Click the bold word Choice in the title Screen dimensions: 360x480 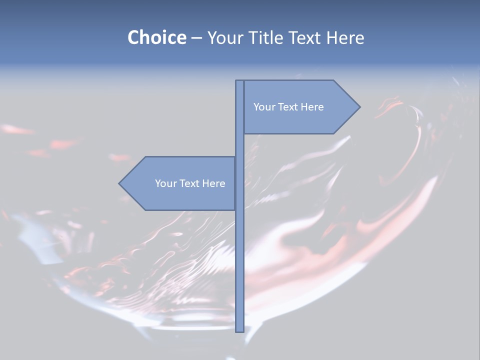(156, 37)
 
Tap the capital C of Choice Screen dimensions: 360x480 (134, 37)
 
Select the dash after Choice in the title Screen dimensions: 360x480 (196, 38)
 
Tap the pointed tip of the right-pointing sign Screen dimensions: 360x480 (358, 107)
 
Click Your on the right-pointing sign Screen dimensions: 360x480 (264, 107)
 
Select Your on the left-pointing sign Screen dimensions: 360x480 (165, 183)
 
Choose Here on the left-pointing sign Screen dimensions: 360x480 (213, 183)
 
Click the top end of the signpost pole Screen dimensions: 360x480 (239, 82)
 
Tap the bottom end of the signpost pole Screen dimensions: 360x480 (239, 330)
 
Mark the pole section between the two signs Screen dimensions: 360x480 (239, 145)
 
